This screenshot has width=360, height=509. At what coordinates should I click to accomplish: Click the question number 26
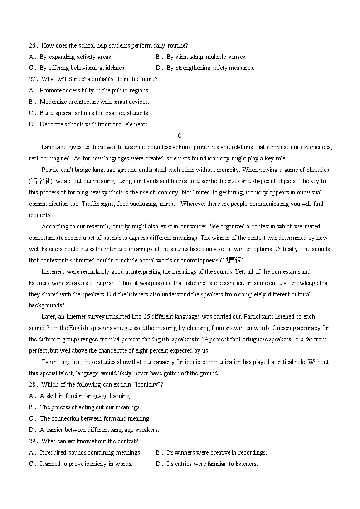pyautogui.click(x=32, y=46)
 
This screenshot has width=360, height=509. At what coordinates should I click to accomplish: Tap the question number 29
pyautogui.click(x=32, y=441)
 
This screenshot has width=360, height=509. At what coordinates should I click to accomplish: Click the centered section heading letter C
pyautogui.click(x=180, y=136)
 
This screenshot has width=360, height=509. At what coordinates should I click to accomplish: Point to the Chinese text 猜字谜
pyautogui.click(x=41, y=181)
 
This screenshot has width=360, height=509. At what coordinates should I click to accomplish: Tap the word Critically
pyautogui.click(x=285, y=249)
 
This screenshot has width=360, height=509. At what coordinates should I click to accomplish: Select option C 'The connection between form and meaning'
pyautogui.click(x=95, y=419)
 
